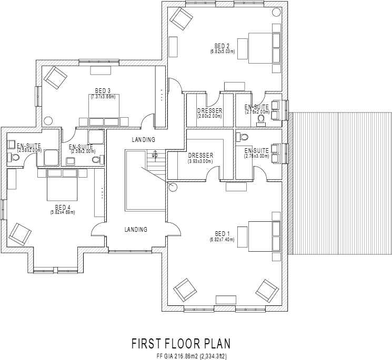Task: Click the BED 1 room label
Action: [x=222, y=233]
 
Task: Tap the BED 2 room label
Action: [x=222, y=46]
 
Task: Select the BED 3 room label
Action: [x=103, y=90]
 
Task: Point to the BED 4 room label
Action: [x=63, y=207]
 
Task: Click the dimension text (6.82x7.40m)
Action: [x=222, y=240]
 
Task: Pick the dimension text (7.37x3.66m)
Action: [x=103, y=97]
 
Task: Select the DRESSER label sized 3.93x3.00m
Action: [x=200, y=156]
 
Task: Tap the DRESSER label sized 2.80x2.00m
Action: [x=209, y=111]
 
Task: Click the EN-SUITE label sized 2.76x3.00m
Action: [x=257, y=150]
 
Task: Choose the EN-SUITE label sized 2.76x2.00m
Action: [x=257, y=107]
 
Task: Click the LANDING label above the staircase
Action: [x=143, y=140]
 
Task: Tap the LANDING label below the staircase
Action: [x=136, y=230]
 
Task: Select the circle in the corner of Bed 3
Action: [x=48, y=119]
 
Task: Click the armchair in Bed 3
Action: [x=55, y=77]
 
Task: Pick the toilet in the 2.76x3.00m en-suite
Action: [x=243, y=138]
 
